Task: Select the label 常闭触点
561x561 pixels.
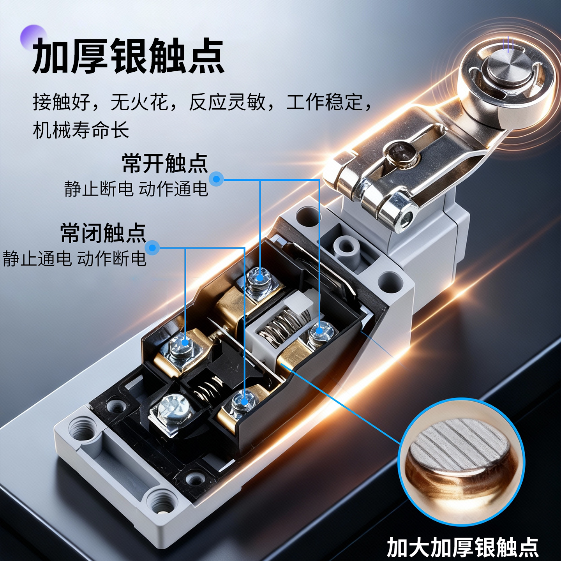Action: click(x=103, y=233)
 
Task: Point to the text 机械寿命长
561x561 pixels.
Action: click(x=81, y=129)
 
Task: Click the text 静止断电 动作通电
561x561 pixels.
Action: click(x=136, y=189)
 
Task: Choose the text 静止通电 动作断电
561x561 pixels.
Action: click(x=74, y=258)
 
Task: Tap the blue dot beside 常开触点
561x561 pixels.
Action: click(x=216, y=179)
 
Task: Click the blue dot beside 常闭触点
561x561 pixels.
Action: click(x=153, y=248)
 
